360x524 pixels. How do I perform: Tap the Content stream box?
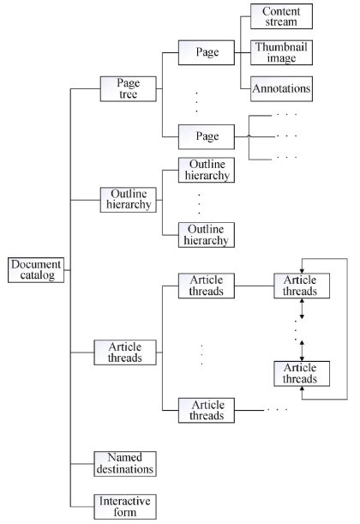(281, 17)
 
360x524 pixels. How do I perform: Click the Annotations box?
(281, 87)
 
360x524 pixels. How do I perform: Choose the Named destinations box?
(125, 463)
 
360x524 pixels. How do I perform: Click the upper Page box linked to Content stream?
(207, 52)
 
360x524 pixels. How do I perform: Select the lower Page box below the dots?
(207, 136)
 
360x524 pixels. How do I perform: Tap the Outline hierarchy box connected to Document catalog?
(125, 200)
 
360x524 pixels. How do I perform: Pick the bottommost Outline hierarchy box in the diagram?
(207, 234)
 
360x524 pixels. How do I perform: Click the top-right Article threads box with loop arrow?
(300, 286)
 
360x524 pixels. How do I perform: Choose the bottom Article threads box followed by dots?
(207, 408)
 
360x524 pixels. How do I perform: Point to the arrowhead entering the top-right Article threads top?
(301, 267)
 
